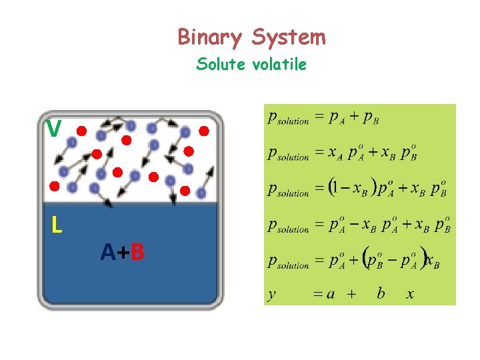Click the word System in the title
tap(289, 37)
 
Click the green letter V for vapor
tap(55, 128)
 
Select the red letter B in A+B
tap(137, 253)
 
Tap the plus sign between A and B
tap(123, 253)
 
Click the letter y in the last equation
tap(272, 295)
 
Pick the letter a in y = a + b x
tap(331, 294)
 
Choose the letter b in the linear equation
tap(381, 293)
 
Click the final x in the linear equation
tap(411, 294)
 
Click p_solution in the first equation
tap(288, 119)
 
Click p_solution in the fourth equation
tap(288, 227)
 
